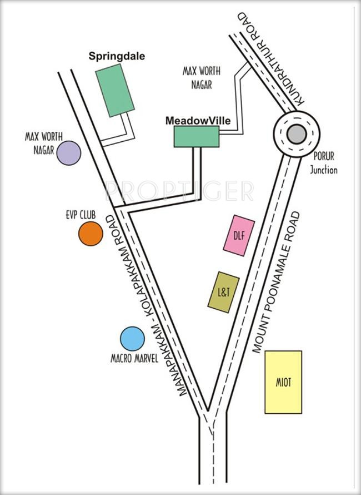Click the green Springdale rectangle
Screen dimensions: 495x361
point(115,90)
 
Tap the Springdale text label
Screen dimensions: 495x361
point(117,56)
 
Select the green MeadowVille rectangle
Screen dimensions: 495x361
point(196,136)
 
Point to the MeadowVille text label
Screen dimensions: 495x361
point(198,120)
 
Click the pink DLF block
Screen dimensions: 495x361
point(235,235)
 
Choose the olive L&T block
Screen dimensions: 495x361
point(223,291)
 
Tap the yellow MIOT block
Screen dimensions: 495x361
point(283,382)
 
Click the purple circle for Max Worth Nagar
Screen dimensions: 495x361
point(69,153)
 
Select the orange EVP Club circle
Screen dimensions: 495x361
point(91,234)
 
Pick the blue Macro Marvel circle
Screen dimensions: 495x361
point(132,339)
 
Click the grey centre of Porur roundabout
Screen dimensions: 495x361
point(296,133)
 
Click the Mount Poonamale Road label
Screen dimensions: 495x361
point(276,282)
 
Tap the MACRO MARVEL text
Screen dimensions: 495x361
point(134,359)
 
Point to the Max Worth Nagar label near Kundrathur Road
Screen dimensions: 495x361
point(201,78)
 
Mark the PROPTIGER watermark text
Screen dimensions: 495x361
point(179,191)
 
